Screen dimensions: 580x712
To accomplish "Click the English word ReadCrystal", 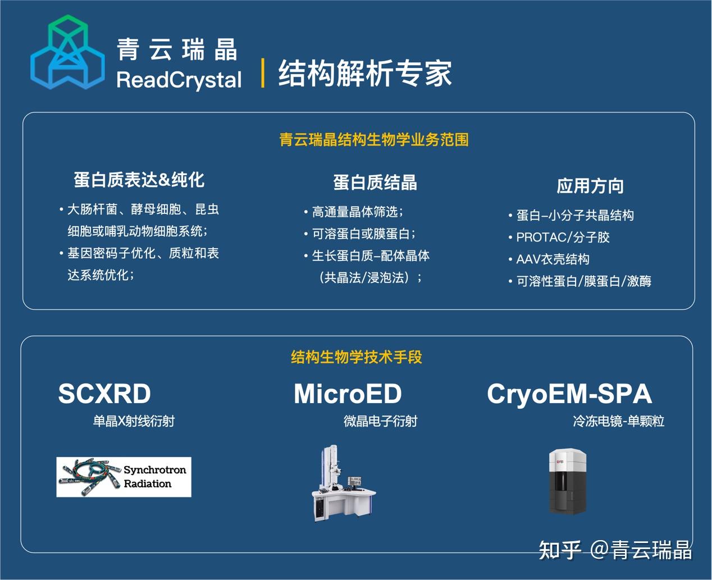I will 179,80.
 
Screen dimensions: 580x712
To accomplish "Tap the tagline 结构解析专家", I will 365,73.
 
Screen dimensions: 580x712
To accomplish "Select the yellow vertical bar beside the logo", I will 263,72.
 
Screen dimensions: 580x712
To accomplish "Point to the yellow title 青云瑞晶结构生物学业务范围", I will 374,139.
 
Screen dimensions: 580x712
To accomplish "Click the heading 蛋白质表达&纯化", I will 139,180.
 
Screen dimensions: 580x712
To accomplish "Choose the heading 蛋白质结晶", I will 375,182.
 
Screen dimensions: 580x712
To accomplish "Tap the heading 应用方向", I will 590,185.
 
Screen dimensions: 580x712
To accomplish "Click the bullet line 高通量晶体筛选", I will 357,212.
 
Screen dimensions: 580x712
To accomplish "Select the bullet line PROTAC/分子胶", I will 562,237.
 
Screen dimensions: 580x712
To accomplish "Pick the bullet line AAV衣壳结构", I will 553,259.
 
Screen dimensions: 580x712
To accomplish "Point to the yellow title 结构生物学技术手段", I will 356,357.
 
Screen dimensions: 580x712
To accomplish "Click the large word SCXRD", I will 104,394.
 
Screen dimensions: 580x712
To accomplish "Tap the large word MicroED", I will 348,394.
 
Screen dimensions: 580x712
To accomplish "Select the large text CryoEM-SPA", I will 569,394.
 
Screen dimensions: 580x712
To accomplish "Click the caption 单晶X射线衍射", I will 134,421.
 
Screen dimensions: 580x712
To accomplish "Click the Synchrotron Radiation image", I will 124,477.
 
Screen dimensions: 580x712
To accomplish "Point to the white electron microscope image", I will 343,483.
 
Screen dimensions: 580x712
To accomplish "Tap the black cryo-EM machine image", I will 567,481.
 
